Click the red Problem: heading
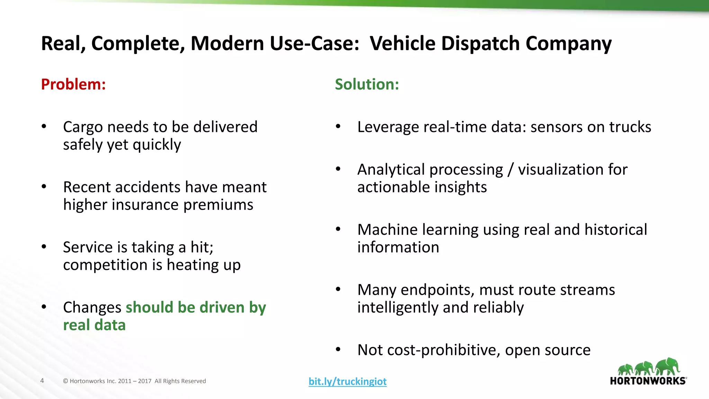pyautogui.click(x=73, y=84)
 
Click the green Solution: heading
pyautogui.click(x=367, y=84)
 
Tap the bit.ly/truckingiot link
pyautogui.click(x=348, y=381)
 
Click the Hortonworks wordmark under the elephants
pyautogui.click(x=648, y=381)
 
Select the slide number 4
pyautogui.click(x=42, y=381)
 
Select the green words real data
pyautogui.click(x=94, y=325)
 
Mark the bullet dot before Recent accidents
pyautogui.click(x=44, y=187)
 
